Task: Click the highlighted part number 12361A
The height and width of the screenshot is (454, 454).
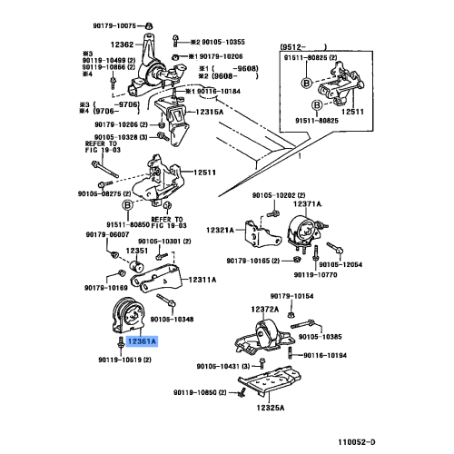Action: pos(142,342)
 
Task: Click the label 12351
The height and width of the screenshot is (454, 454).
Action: pos(138,251)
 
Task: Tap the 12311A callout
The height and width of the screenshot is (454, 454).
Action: pos(202,280)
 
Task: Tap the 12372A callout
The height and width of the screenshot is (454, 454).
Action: pos(265,310)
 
